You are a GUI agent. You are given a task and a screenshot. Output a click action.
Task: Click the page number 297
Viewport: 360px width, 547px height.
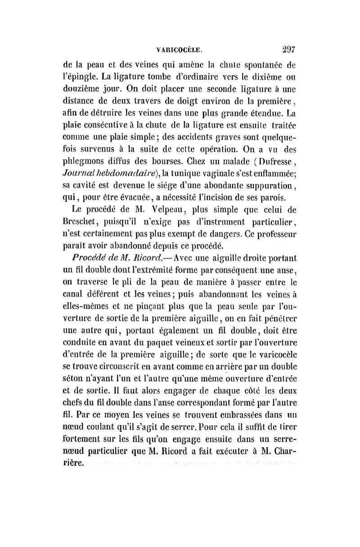(x=286, y=49)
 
